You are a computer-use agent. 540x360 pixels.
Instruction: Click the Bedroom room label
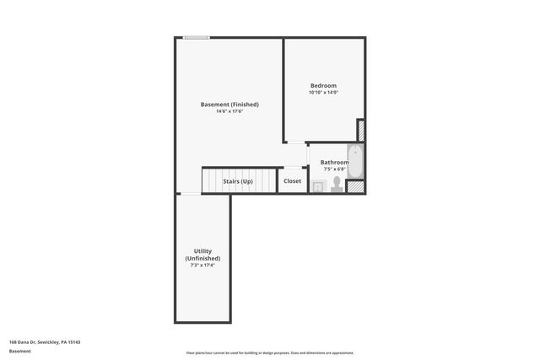coord(323,86)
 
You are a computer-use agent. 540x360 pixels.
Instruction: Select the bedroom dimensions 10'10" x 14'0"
coord(323,94)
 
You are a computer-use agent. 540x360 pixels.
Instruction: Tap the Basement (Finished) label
coord(229,105)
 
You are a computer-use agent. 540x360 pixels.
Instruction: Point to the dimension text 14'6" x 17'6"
coord(229,112)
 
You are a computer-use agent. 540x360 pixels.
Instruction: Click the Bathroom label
coord(334,162)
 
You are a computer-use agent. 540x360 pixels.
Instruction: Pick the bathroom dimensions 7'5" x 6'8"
coord(334,169)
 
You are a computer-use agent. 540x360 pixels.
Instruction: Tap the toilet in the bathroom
coord(336,184)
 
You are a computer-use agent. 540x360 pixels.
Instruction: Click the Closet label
coord(292,181)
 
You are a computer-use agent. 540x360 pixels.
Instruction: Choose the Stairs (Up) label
coord(237,181)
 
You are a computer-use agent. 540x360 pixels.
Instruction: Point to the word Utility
coord(202,251)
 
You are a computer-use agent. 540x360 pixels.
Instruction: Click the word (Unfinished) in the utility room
coord(202,258)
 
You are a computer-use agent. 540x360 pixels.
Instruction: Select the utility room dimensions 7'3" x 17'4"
coord(202,266)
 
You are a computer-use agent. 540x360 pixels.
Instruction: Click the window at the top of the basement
coord(197,37)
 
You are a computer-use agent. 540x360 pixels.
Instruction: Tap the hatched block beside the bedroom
coord(361,130)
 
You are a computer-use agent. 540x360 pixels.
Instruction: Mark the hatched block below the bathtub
coord(357,187)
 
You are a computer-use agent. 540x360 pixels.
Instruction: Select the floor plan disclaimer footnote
coord(270,353)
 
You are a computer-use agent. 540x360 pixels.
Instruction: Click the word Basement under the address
coord(19,352)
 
